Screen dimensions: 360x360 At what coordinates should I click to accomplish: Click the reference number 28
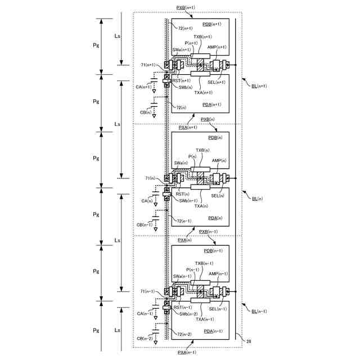coord(249,341)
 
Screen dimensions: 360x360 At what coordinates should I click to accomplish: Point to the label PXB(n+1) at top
coord(186,7)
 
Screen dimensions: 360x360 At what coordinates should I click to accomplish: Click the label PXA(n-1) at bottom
coord(186,352)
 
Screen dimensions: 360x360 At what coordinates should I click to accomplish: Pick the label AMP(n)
coord(219,160)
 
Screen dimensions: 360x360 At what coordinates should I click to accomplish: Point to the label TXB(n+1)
coord(202,37)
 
